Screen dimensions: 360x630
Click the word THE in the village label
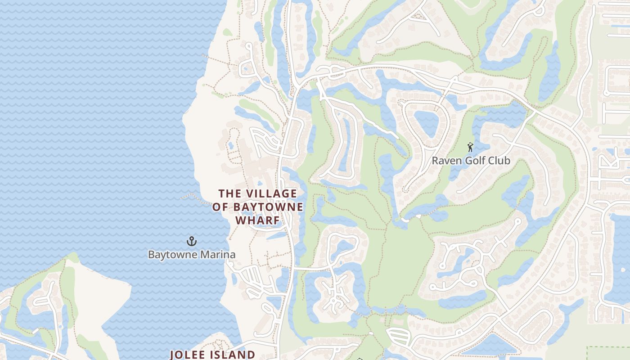[229, 193]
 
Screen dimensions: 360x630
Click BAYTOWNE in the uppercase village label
[268, 207]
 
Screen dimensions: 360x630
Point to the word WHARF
[258, 220]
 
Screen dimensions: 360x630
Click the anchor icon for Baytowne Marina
[192, 242]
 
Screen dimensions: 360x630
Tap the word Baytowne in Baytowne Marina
[173, 255]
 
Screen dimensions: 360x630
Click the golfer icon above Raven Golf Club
[470, 147]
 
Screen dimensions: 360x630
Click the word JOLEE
[190, 355]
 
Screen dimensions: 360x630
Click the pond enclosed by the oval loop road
[426, 123]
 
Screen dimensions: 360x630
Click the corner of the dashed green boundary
[589, 347]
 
